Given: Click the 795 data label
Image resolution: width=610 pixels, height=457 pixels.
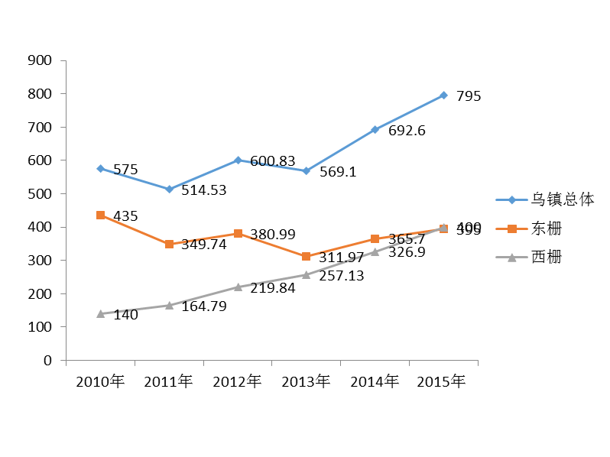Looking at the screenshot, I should click(x=469, y=97).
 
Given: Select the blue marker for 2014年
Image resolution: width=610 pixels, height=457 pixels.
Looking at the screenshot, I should click(x=375, y=130).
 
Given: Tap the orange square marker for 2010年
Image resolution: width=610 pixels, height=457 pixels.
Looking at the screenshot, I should click(x=100, y=216).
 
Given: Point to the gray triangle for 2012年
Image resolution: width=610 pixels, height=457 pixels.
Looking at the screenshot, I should click(x=238, y=287).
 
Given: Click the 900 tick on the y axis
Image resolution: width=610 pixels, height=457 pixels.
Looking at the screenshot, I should click(x=39, y=60).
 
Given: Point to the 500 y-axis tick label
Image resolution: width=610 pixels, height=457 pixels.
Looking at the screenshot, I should click(x=39, y=194).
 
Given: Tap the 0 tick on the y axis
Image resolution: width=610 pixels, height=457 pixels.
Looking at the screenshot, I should click(x=47, y=360).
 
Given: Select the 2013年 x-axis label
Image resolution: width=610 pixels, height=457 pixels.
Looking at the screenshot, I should click(x=306, y=381).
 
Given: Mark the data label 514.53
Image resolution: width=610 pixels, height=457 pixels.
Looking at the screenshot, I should click(x=203, y=190).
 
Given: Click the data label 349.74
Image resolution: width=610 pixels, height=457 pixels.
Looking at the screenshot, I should click(x=203, y=245).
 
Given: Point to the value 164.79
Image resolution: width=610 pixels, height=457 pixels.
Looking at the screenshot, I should click(x=203, y=306).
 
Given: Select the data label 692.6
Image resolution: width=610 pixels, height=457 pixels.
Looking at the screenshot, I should click(x=407, y=131).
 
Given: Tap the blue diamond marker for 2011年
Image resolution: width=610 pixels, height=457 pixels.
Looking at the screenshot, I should click(x=169, y=189).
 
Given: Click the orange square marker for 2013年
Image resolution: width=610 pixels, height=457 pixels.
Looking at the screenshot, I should click(x=306, y=257).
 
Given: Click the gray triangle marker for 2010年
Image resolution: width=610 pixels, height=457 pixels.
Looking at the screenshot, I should click(x=100, y=313).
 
